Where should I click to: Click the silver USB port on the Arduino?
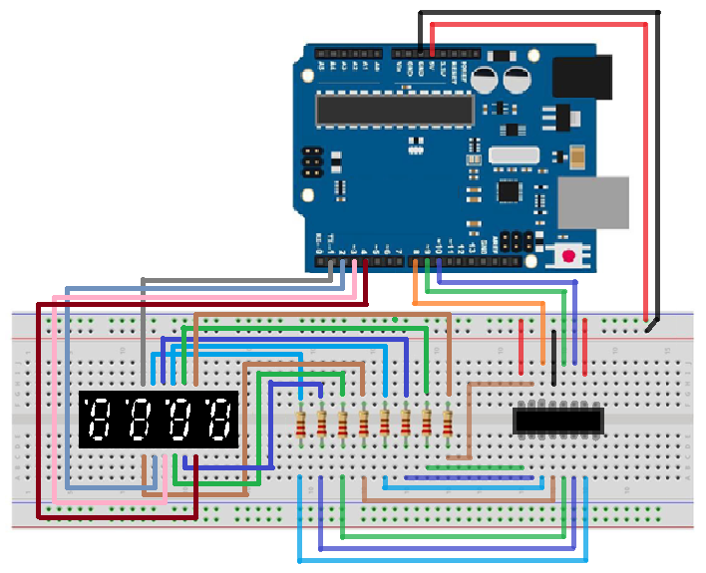592,202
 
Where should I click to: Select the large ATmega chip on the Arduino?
394,110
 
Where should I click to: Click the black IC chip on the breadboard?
558,421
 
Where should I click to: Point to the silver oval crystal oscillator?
513,155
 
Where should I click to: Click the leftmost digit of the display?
101,420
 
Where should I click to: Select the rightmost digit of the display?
217,420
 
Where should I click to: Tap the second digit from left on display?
140,420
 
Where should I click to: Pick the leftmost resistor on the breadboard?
300,424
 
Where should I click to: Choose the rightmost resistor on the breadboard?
448,424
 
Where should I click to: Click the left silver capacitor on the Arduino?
487,82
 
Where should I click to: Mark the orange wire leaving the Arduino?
479,303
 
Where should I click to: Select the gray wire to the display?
239,280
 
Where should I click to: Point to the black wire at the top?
538,13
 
